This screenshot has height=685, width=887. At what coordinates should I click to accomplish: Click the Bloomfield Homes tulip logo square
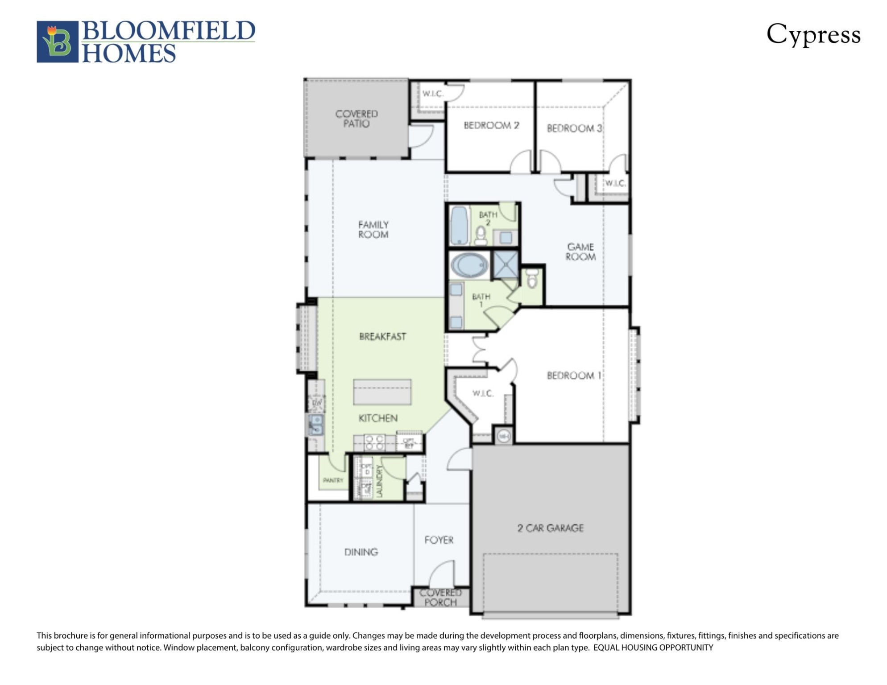coord(57,41)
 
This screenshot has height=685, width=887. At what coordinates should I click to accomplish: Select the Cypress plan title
coord(813,35)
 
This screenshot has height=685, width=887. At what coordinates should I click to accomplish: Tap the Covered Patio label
coord(356,119)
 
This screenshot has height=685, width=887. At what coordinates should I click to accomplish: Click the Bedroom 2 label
coord(491,125)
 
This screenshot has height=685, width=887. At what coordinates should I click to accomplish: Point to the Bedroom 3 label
coord(574,128)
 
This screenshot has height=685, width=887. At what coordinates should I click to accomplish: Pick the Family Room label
coord(373,230)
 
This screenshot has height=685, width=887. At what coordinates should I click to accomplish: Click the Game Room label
coord(580,252)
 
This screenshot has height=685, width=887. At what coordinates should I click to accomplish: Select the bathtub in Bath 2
coord(459,225)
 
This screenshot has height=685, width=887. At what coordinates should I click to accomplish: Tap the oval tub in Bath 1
coord(469,265)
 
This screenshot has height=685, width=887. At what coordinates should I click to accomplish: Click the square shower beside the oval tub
coord(506,264)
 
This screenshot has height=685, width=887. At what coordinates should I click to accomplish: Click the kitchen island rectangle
coord(382,392)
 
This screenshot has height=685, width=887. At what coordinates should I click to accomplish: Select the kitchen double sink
coord(316,425)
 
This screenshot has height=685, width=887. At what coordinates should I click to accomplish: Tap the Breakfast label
coord(382,337)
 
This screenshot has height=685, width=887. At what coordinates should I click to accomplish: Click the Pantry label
coord(333,480)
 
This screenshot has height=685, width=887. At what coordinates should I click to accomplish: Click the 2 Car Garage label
coord(550,528)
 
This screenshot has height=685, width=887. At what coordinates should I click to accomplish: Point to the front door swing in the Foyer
coord(442,574)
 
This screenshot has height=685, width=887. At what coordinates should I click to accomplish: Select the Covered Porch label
coord(440,598)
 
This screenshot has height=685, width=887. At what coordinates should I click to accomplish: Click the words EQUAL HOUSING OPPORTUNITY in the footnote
coord(653,648)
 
